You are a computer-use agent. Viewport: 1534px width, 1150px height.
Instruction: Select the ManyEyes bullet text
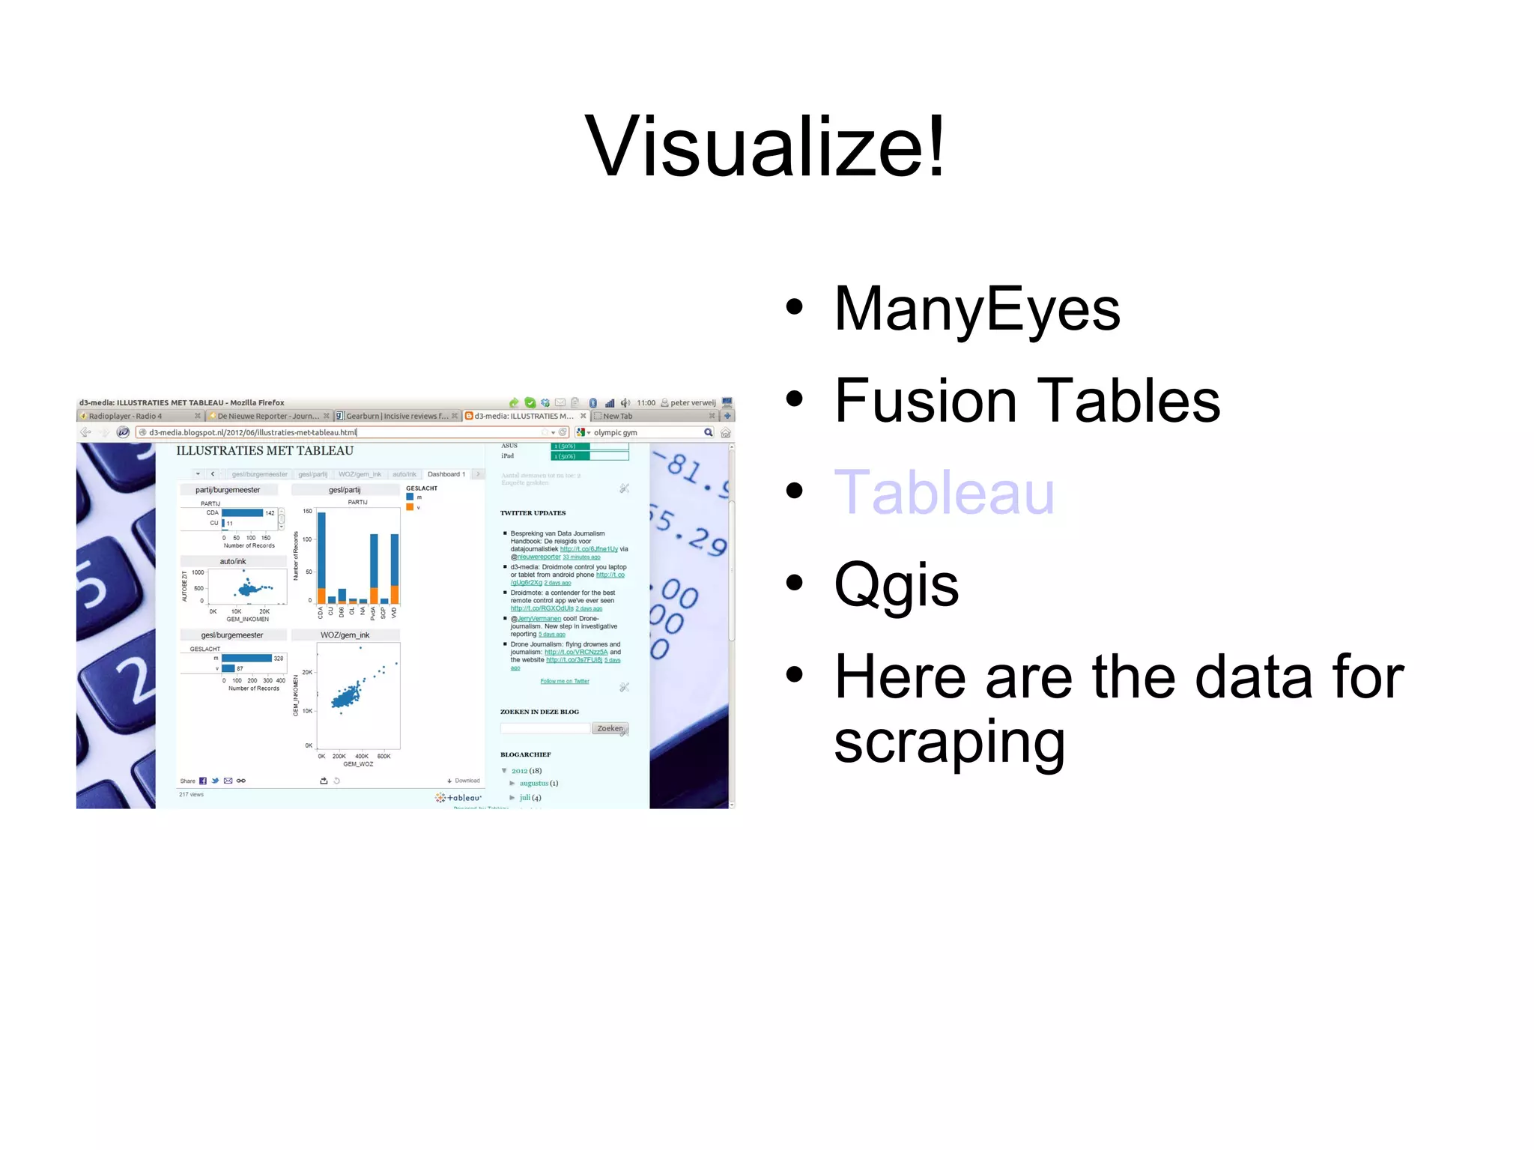point(977,309)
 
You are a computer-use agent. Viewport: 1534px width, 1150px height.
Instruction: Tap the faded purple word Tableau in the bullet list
point(944,492)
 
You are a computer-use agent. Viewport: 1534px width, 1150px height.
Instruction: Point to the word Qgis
point(896,584)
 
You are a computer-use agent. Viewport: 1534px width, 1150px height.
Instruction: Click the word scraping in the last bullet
point(949,742)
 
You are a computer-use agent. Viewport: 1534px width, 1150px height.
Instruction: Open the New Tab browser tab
point(618,416)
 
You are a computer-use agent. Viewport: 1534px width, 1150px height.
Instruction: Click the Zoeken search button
point(610,728)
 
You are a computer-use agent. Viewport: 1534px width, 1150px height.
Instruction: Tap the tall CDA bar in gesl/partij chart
point(321,554)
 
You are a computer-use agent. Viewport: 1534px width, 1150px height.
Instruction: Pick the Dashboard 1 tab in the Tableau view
point(446,474)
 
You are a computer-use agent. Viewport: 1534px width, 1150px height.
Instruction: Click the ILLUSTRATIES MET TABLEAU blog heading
point(264,451)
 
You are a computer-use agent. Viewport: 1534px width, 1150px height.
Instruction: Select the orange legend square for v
point(410,507)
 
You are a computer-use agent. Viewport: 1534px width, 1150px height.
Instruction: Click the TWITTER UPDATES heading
point(533,513)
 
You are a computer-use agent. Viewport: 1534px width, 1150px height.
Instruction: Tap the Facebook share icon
point(203,781)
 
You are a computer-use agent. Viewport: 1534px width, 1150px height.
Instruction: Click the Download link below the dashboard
point(465,781)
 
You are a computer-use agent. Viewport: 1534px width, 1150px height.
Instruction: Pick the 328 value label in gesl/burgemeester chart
point(279,659)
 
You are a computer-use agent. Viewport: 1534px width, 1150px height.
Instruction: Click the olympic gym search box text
point(616,432)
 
